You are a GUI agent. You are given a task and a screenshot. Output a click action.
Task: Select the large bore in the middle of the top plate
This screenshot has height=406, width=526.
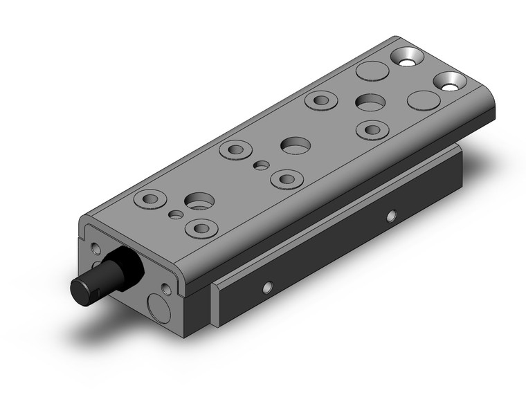pyautogui.click(x=296, y=145)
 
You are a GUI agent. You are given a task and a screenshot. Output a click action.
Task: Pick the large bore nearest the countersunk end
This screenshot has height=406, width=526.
pyautogui.click(x=370, y=102)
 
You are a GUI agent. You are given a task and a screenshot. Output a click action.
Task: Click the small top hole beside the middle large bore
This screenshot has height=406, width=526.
pyautogui.click(x=261, y=165)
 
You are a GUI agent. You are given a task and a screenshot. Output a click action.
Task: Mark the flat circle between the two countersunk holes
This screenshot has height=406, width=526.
pyautogui.click(x=372, y=71)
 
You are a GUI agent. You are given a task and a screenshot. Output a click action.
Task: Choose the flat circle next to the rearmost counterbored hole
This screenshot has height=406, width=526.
pyautogui.click(x=423, y=100)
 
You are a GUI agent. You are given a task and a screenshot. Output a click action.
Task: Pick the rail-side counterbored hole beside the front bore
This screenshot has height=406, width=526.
pyautogui.click(x=202, y=228)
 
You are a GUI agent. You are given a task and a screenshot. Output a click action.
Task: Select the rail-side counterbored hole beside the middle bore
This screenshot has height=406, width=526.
pyautogui.click(x=286, y=179)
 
